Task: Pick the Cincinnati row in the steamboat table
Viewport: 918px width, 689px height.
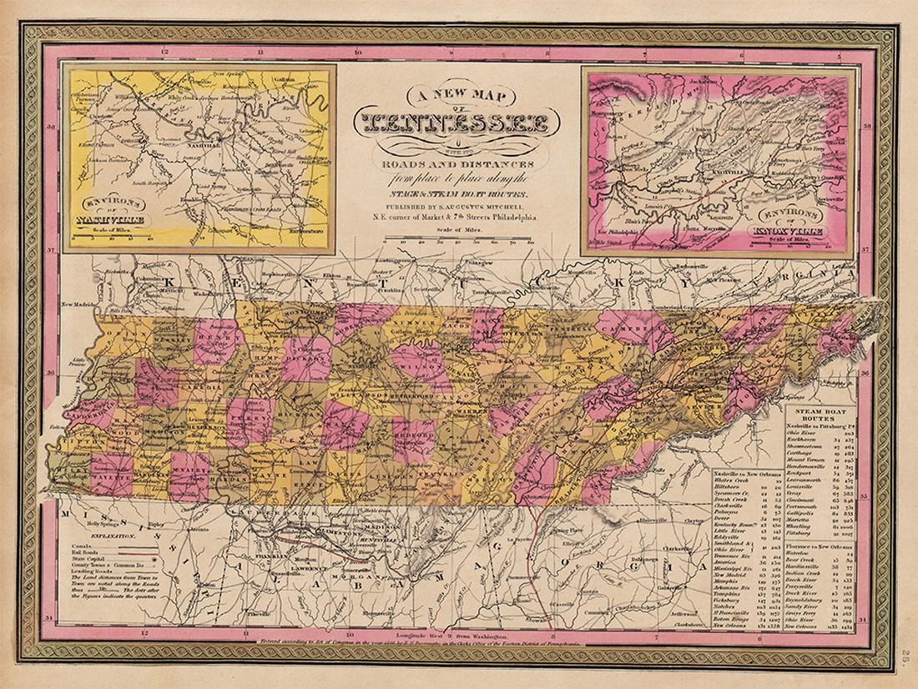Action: coord(816,499)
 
